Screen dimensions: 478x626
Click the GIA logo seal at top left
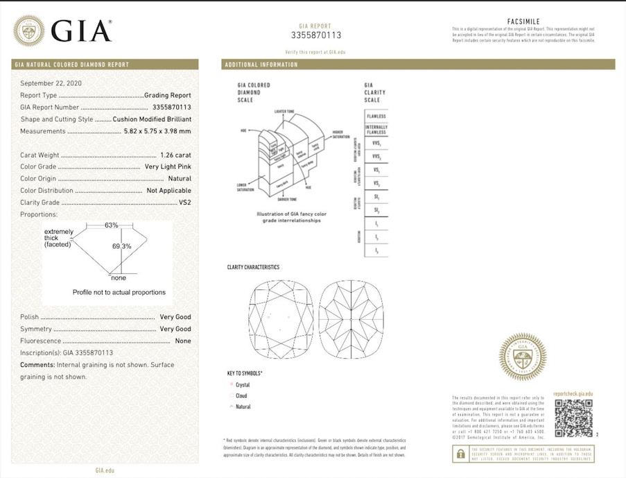tap(29, 31)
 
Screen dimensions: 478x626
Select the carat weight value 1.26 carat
tap(175, 155)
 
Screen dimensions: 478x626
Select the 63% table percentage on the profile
tap(111, 225)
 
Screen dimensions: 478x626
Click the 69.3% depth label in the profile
tap(121, 246)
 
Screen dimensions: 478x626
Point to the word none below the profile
tap(119, 278)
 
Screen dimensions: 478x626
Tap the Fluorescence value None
tap(183, 341)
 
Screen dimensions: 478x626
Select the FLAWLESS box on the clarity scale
tap(376, 116)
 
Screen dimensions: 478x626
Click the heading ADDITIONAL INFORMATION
tap(261, 65)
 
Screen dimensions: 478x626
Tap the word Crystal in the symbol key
tap(243, 384)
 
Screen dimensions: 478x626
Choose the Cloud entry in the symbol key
tap(241, 395)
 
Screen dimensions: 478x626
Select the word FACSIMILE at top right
tap(523, 22)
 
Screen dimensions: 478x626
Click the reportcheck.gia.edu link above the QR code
tap(573, 394)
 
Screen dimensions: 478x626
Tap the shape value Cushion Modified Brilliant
tap(152, 119)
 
